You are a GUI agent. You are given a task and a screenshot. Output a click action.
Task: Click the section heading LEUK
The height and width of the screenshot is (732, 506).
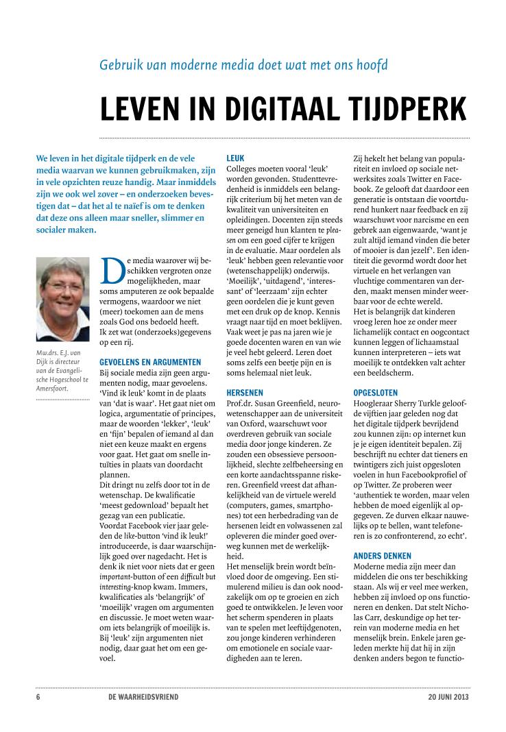tap(234, 158)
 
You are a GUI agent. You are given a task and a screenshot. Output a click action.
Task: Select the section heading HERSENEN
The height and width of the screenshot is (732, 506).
tap(245, 393)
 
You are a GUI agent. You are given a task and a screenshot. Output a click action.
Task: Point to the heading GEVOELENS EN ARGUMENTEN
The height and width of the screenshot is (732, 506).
tap(150, 361)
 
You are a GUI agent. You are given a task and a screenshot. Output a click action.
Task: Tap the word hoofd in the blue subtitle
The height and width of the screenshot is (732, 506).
tap(371, 65)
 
